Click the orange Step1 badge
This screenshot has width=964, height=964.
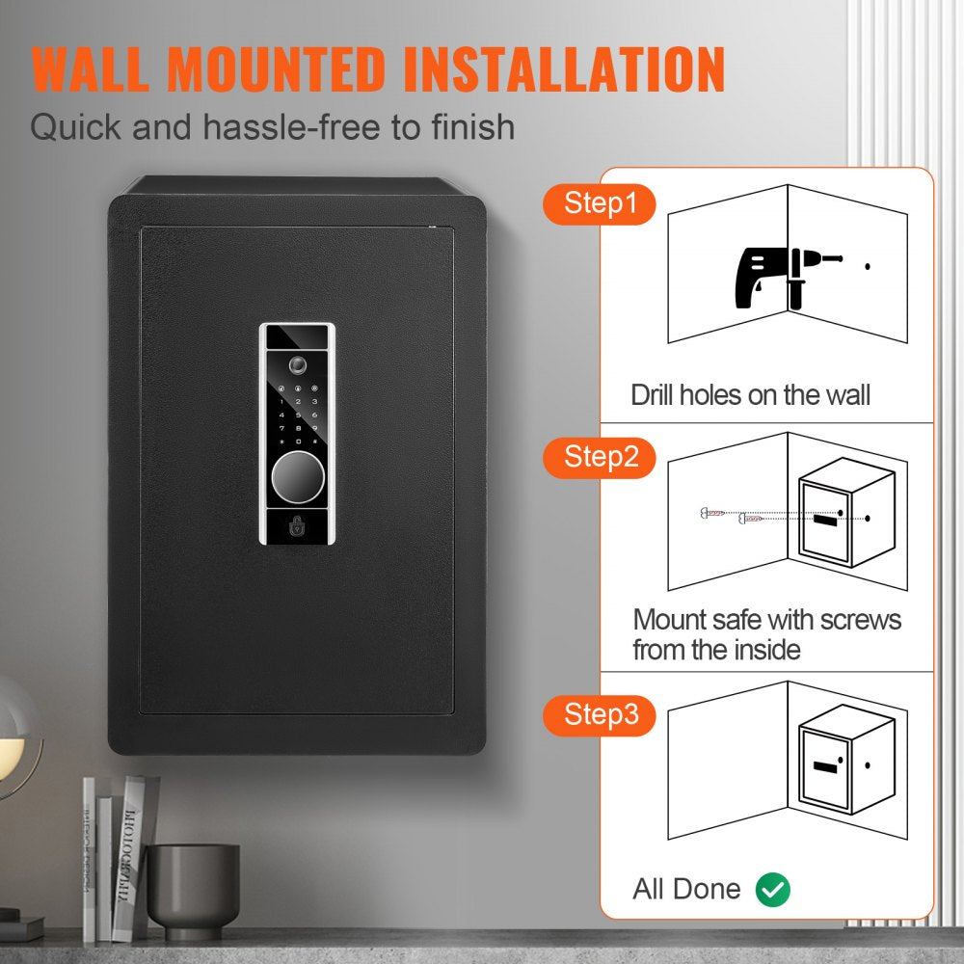pyautogui.click(x=599, y=205)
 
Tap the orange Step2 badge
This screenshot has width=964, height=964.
pyautogui.click(x=600, y=457)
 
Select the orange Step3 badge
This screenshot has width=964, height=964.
pyautogui.click(x=600, y=714)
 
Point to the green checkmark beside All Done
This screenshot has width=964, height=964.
pyautogui.click(x=772, y=889)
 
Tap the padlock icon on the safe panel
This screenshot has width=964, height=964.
pyautogui.click(x=297, y=526)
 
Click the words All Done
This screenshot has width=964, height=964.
pyautogui.click(x=686, y=889)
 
